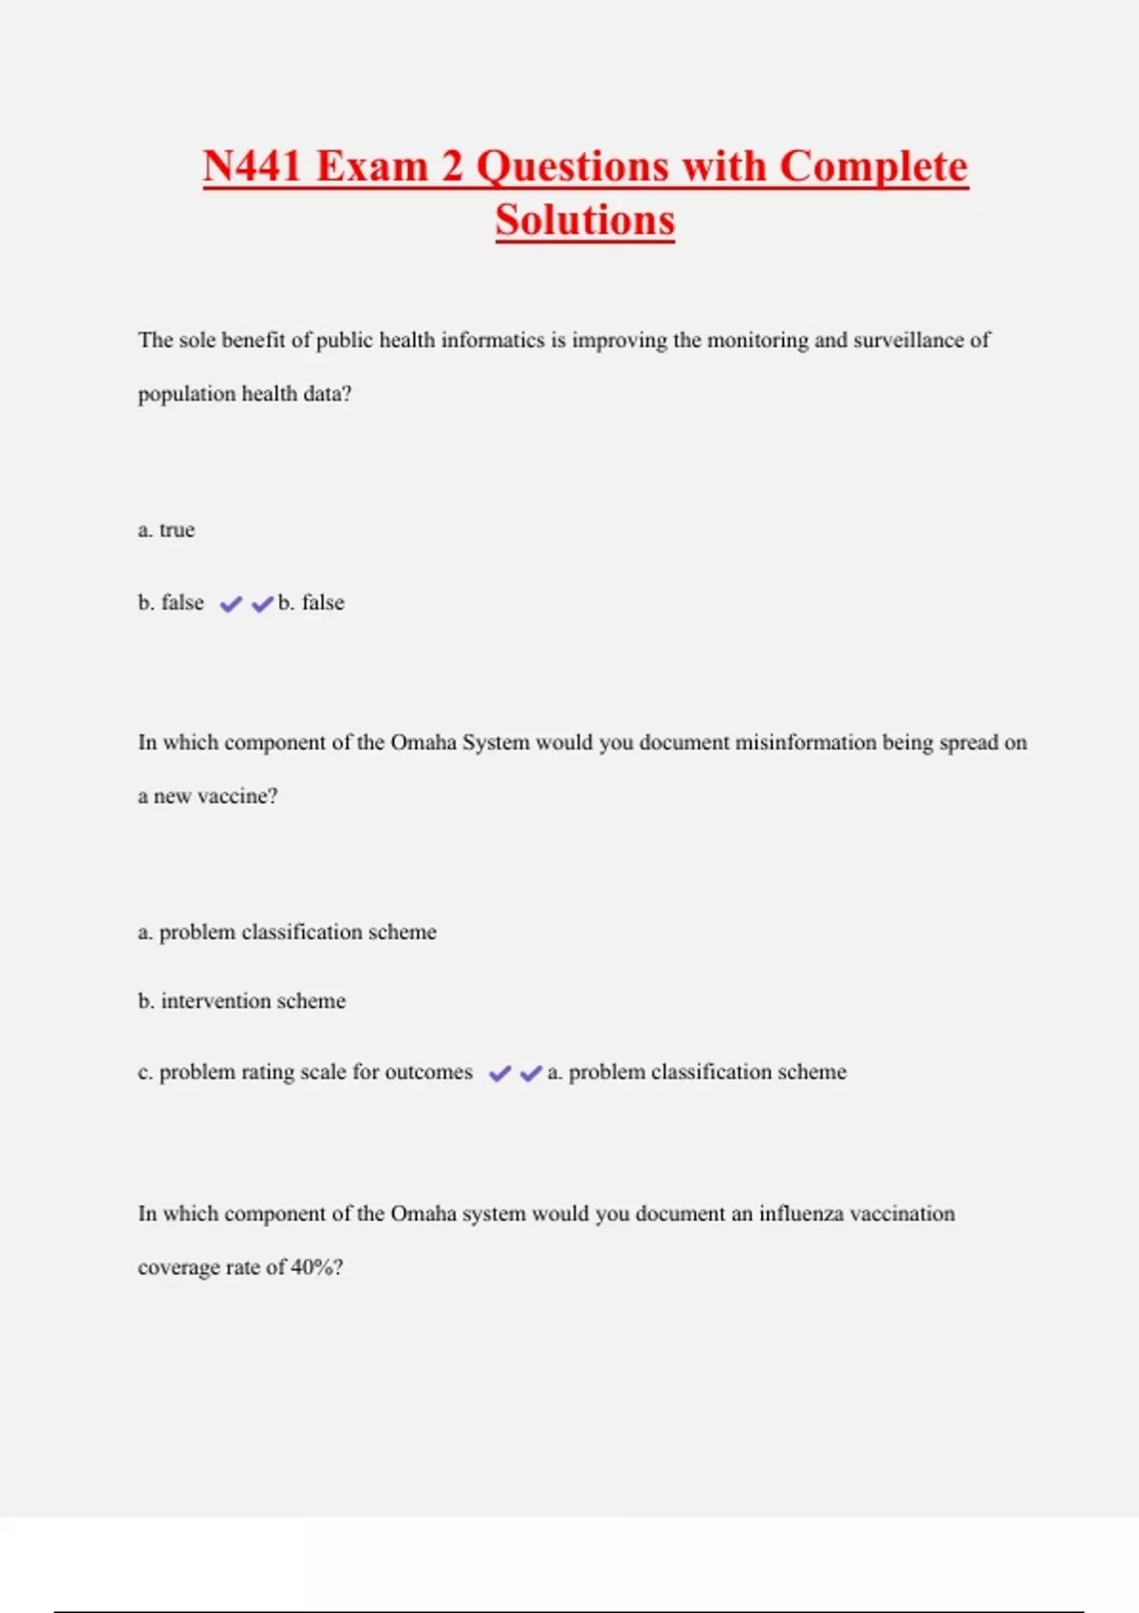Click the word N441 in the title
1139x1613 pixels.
point(252,167)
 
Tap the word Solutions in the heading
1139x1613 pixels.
point(585,221)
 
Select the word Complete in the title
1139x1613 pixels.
point(873,167)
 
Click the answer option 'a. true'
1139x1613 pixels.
point(166,529)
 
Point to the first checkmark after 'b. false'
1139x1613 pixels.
point(231,603)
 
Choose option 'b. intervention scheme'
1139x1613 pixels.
point(242,1001)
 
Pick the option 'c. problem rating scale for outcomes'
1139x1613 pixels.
point(305,1072)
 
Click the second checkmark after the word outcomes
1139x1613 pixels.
point(531,1073)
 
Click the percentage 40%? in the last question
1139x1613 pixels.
point(317,1268)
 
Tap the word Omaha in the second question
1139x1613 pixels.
point(423,742)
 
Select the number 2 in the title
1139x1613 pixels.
point(452,167)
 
